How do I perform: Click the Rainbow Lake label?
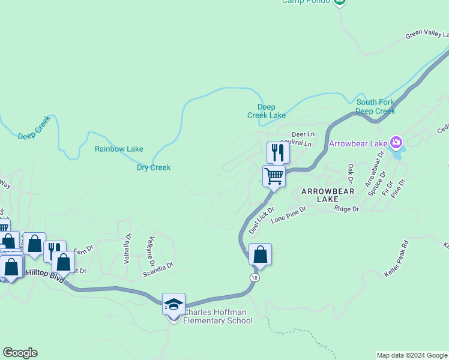point(119,149)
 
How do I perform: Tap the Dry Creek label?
point(154,167)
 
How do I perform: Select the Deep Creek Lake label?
point(267,111)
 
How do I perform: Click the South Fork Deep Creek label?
point(375,106)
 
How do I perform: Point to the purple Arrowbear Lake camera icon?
point(396,143)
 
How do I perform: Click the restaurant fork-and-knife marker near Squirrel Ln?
point(277,152)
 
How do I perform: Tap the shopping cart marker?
point(274,176)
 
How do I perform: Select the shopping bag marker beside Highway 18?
point(260,254)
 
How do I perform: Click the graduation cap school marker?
point(173,304)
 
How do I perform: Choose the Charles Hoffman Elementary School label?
point(217,316)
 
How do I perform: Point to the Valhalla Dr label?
point(127,249)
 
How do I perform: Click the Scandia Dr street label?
point(158,265)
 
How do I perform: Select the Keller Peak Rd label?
point(396,259)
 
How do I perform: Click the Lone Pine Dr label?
point(288,214)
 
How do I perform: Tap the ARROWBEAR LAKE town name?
point(328,194)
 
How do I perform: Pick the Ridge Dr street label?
point(346,209)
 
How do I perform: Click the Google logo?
point(20,353)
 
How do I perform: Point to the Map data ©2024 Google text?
point(411,355)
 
